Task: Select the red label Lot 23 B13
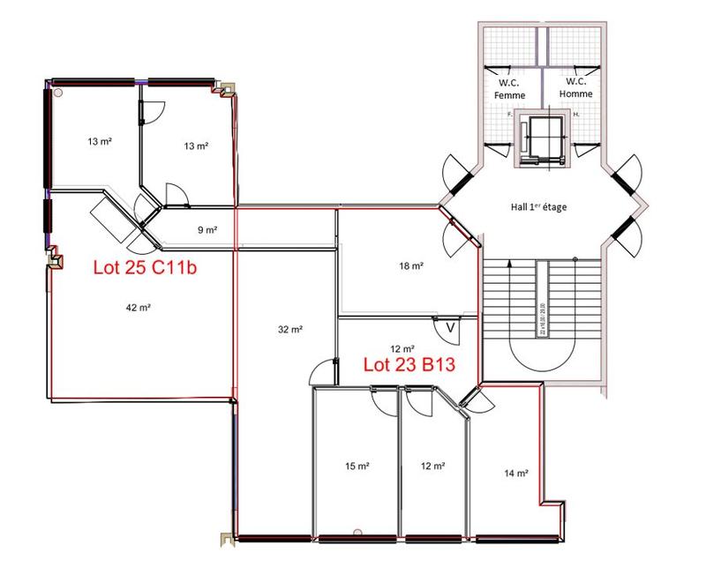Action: (409, 363)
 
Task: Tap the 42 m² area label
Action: (136, 308)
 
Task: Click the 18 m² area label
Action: (407, 265)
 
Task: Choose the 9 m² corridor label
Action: (207, 230)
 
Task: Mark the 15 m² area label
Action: (357, 466)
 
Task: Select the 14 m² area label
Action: (516, 474)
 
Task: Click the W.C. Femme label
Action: (509, 88)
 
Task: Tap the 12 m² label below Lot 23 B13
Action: (432, 466)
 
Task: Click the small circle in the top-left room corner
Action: (58, 92)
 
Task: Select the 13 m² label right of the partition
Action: (195, 145)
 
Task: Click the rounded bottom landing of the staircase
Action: (540, 357)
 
